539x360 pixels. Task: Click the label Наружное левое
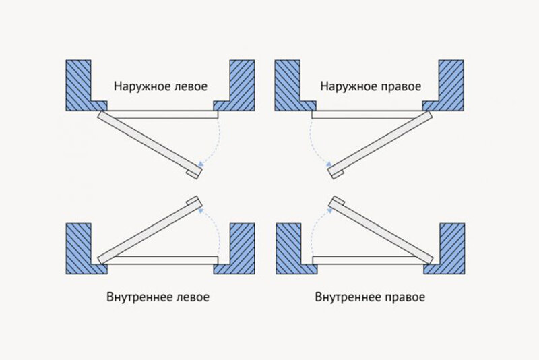(x=160, y=87)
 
